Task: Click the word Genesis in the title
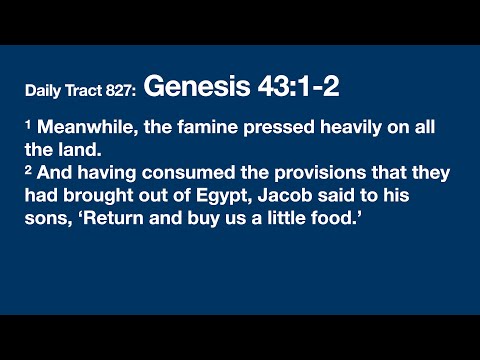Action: [x=188, y=87]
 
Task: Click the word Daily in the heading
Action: [x=44, y=91]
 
